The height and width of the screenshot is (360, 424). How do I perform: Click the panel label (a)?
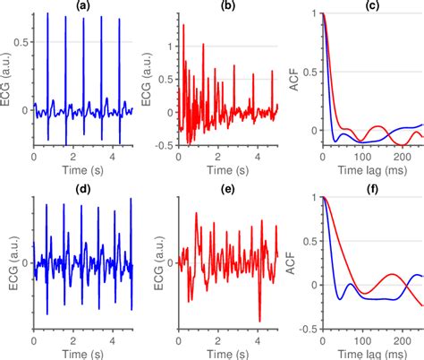coord(83,6)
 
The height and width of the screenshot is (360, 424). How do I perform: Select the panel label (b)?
coord(227,6)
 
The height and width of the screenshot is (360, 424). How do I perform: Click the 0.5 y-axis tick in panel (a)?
coord(22,42)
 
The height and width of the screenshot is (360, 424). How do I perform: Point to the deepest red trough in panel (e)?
coord(259,320)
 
